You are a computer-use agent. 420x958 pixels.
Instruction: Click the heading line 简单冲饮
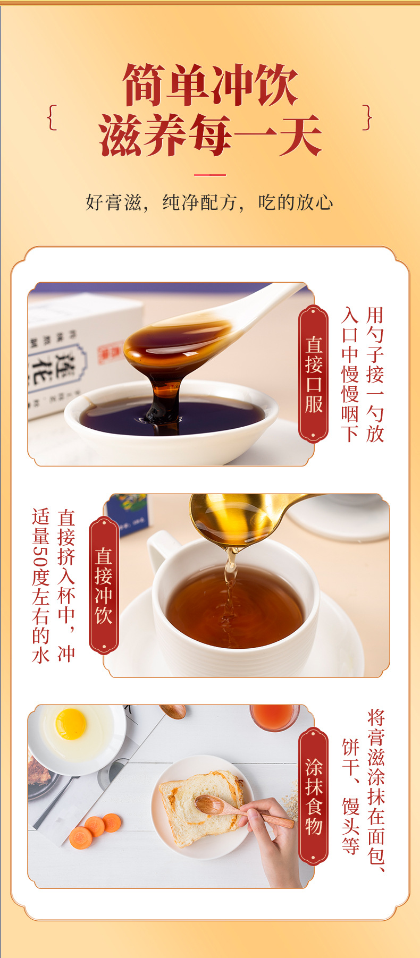coord(210,85)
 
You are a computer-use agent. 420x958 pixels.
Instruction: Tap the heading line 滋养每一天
coord(210,135)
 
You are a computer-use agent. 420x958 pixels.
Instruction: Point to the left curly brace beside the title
coord(52,117)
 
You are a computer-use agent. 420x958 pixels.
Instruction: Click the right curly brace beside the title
coord(367,117)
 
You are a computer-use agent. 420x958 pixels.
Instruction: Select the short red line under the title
coord(209,174)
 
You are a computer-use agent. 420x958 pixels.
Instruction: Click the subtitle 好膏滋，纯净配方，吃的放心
coord(209,202)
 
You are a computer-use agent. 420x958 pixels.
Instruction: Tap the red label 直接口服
coord(314,374)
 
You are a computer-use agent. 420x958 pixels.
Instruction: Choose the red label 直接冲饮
coord(104,585)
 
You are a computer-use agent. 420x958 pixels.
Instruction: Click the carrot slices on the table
coord(96,829)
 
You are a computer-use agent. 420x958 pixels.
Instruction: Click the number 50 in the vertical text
coord(40,556)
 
